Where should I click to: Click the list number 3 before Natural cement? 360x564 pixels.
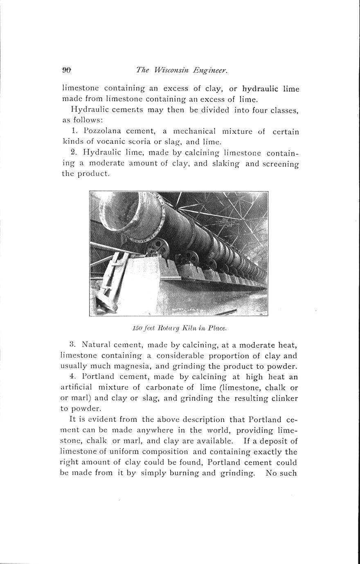[72, 345]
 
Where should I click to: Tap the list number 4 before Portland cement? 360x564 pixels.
[72, 377]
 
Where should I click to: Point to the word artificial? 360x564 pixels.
[77, 387]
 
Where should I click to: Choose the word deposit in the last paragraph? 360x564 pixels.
[273, 441]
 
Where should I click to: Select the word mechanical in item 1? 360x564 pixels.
[194, 131]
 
